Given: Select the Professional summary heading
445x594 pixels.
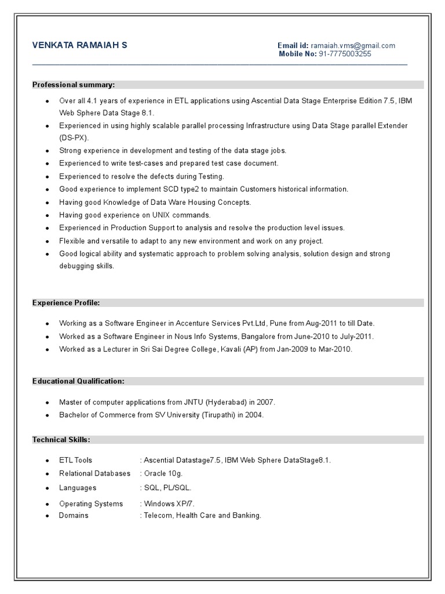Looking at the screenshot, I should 74,85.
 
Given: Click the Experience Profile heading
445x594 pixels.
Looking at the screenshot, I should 66,303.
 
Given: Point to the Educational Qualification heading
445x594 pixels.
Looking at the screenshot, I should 78,381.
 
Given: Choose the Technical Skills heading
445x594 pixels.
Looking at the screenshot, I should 61,440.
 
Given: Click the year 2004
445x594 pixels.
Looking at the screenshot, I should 254,415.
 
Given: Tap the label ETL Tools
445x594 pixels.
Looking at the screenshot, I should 75,460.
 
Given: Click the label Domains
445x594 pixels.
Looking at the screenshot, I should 74,515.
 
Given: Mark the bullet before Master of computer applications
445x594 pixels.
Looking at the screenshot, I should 46,402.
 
